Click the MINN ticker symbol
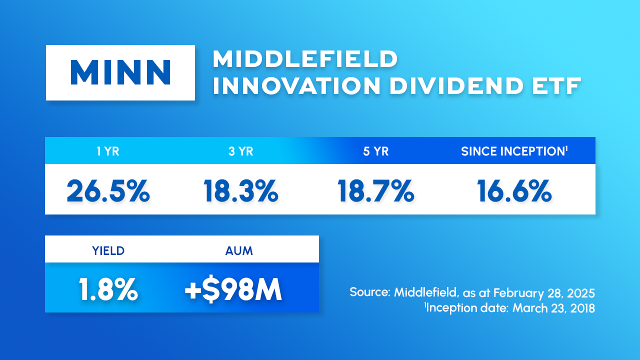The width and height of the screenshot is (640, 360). (120, 72)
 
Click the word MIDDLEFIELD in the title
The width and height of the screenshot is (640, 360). (305, 59)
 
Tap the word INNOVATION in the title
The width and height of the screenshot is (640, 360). (296, 85)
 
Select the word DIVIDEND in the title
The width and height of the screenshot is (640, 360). (456, 85)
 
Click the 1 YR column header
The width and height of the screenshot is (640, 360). (108, 151)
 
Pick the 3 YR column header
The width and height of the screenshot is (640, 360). (241, 151)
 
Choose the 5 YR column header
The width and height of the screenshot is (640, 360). (375, 151)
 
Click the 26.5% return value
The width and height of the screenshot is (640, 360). (108, 191)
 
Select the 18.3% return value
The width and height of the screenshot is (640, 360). (241, 191)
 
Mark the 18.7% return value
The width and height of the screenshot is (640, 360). (375, 191)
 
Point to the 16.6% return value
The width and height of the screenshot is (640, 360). (514, 191)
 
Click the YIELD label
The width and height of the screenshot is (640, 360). (108, 251)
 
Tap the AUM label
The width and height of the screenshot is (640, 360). (239, 251)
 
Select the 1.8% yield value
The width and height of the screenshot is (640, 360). (108, 289)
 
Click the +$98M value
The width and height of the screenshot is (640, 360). (233, 289)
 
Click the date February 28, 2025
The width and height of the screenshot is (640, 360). (544, 293)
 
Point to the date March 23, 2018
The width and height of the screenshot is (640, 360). (553, 308)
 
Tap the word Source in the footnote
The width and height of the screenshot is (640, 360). (370, 292)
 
